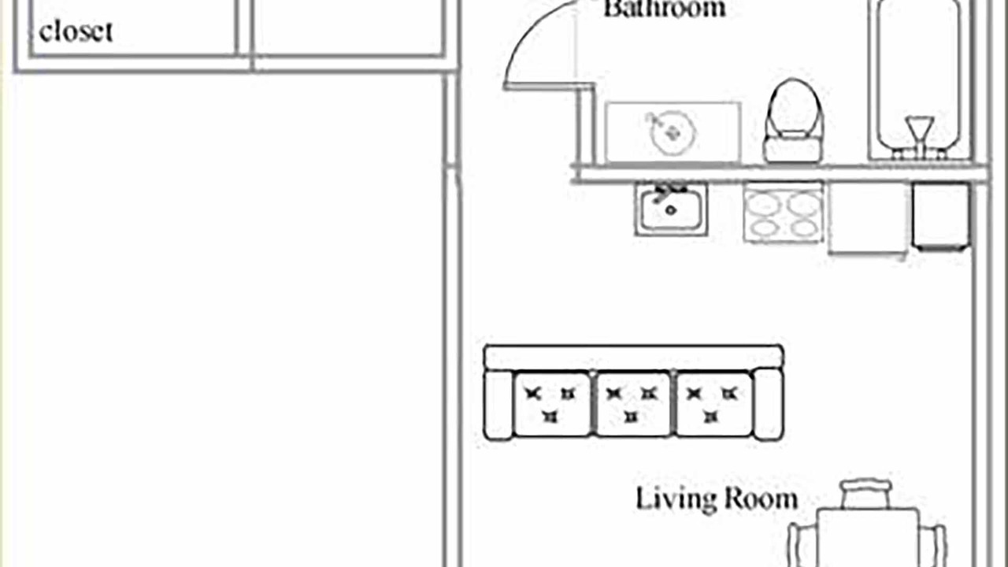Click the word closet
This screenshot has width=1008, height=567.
click(76, 31)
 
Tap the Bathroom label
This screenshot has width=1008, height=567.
click(665, 9)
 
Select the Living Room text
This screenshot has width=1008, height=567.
click(717, 498)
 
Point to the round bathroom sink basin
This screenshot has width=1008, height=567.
click(673, 133)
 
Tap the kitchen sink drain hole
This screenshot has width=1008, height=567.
click(670, 210)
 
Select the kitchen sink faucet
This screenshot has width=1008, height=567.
click(668, 191)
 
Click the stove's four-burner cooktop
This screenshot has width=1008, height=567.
click(783, 213)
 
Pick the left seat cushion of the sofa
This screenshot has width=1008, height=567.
click(552, 404)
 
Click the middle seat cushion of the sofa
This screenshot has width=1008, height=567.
click(632, 404)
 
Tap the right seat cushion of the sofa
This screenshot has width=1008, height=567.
click(713, 404)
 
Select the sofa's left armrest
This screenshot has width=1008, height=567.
click(498, 404)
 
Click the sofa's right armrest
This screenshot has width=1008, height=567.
click(769, 404)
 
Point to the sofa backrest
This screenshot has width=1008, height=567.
click(634, 358)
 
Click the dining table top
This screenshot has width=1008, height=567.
click(868, 538)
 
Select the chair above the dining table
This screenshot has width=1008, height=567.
click(865, 494)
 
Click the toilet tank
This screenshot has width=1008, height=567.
click(793, 150)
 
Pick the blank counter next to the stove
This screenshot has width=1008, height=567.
click(868, 218)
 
